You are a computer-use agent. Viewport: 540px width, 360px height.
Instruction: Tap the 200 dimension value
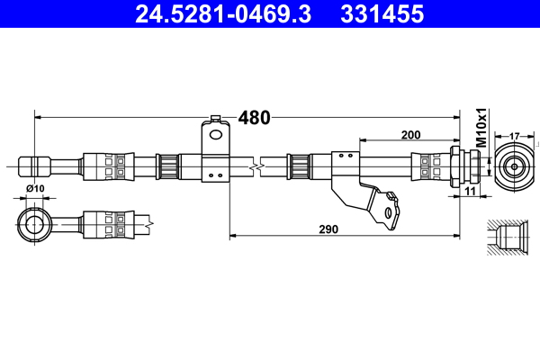[410, 135]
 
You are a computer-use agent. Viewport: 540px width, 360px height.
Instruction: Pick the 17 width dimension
[514, 136]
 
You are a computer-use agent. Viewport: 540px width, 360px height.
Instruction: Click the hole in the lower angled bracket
[388, 211]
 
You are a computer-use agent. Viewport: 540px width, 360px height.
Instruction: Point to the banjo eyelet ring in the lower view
[36, 222]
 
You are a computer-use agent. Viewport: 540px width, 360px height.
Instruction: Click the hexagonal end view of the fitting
[514, 166]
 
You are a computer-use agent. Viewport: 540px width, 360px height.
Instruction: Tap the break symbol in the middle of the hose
[258, 166]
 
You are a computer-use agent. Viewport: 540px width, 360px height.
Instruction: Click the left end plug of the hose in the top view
[33, 166]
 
